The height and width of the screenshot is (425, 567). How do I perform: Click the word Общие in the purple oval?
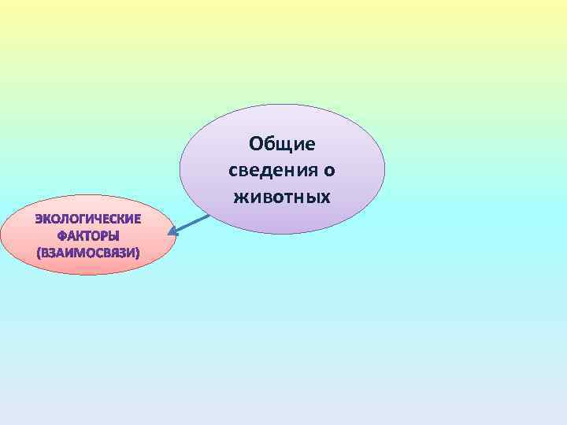(282, 144)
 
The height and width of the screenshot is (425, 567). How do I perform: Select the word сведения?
(272, 170)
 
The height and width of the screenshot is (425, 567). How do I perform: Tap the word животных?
(282, 196)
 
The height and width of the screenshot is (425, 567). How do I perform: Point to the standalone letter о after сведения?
(329, 171)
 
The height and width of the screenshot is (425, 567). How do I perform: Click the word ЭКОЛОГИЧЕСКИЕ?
(88, 219)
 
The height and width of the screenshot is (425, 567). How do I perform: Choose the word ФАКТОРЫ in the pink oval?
(88, 236)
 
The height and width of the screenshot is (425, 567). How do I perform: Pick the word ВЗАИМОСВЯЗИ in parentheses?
(88, 253)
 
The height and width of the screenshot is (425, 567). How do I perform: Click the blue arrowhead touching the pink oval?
(175, 232)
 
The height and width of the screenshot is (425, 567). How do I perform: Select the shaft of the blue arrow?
(191, 224)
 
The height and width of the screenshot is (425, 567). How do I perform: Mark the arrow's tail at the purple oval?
(208, 216)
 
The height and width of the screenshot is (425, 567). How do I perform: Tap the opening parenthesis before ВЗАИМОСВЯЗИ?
(39, 253)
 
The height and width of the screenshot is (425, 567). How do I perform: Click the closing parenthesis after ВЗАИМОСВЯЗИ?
(137, 253)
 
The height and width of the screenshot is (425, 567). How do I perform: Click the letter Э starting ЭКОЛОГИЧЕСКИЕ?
(38, 219)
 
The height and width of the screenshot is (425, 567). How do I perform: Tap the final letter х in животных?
(325, 196)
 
